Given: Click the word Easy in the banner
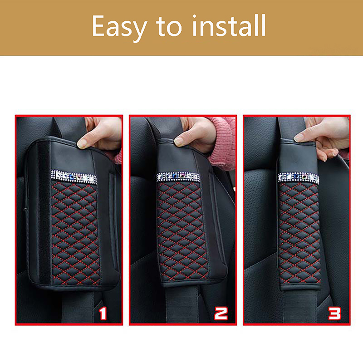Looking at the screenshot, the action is pyautogui.click(x=119, y=28).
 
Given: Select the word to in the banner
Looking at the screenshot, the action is pyautogui.click(x=169, y=27).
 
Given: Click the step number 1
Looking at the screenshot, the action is pyautogui.click(x=103, y=313).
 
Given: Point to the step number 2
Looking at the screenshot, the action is pyautogui.click(x=221, y=314).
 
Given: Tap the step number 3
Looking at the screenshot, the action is pyautogui.click(x=334, y=314).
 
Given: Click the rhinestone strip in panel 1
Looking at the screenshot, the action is pyautogui.click(x=74, y=177).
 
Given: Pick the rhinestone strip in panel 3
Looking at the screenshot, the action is pyautogui.click(x=299, y=178).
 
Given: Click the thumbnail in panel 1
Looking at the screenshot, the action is pyautogui.click(x=82, y=143).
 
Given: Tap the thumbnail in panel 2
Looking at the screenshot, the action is pyautogui.click(x=178, y=141).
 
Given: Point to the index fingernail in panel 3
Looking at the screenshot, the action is pyautogui.click(x=299, y=138).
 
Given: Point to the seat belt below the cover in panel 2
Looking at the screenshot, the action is pyautogui.click(x=182, y=304).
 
